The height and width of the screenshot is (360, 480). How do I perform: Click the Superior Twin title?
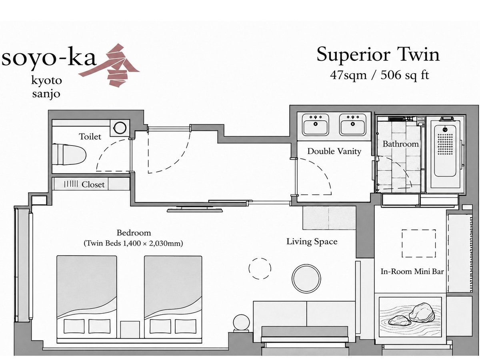pyautogui.click(x=378, y=55)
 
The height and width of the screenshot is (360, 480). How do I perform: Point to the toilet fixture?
pyautogui.click(x=69, y=155)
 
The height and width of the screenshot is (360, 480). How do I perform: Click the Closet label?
pyautogui.click(x=93, y=184)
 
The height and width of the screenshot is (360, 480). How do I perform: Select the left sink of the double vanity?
pyautogui.click(x=316, y=125)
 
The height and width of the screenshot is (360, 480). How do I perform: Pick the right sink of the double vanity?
pyautogui.click(x=353, y=125)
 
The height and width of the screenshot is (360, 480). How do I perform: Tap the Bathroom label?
pyautogui.click(x=401, y=144)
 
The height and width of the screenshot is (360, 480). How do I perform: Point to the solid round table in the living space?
pyautogui.click(x=306, y=278)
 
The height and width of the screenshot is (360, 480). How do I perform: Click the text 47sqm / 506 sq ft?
pyautogui.click(x=380, y=75)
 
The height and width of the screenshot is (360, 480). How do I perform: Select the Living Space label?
pyautogui.click(x=312, y=242)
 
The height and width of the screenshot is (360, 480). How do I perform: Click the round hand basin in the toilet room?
pyautogui.click(x=120, y=128)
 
